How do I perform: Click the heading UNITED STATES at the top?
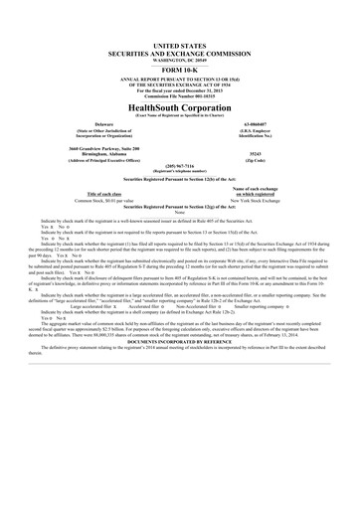(x=180, y=18)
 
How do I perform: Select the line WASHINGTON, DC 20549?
(x=180, y=33)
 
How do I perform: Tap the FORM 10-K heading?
(x=180, y=42)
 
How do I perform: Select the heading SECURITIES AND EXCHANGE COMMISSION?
(x=180, y=25)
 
